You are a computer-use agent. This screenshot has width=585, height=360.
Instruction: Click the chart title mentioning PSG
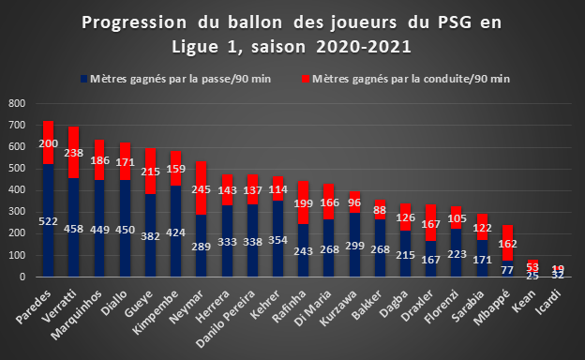point(292,35)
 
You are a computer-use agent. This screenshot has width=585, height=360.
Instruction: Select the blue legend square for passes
point(84,79)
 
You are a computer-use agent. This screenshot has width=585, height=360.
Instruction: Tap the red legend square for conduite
point(306,79)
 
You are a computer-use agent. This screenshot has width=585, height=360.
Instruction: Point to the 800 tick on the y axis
point(17,103)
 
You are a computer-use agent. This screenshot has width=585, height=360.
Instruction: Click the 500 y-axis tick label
point(17,168)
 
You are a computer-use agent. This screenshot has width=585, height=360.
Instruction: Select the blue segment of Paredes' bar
point(48,220)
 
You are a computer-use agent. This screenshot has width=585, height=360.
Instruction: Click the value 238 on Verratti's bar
point(73,153)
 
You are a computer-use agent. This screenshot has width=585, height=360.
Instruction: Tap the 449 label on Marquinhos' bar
point(99,230)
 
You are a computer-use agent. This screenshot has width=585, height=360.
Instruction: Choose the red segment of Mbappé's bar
point(507,243)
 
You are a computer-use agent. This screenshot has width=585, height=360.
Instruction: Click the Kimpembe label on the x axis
point(156,312)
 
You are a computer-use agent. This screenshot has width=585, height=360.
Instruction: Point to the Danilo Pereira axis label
point(226,319)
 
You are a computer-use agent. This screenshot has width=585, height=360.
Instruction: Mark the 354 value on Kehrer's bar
point(277,240)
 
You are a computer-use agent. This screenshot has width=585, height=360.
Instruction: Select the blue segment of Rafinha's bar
point(304,250)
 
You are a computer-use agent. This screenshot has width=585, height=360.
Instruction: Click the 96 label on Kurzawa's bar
point(354,202)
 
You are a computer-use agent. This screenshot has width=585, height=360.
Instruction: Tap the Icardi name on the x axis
point(548,302)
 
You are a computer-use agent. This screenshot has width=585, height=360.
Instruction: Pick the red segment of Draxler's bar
point(431,222)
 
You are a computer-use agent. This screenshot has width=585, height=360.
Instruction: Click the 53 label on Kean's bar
point(532,267)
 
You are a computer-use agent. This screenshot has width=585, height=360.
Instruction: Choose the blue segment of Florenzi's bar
point(457,252)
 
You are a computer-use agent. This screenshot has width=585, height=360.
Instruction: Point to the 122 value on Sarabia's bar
point(482,228)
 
